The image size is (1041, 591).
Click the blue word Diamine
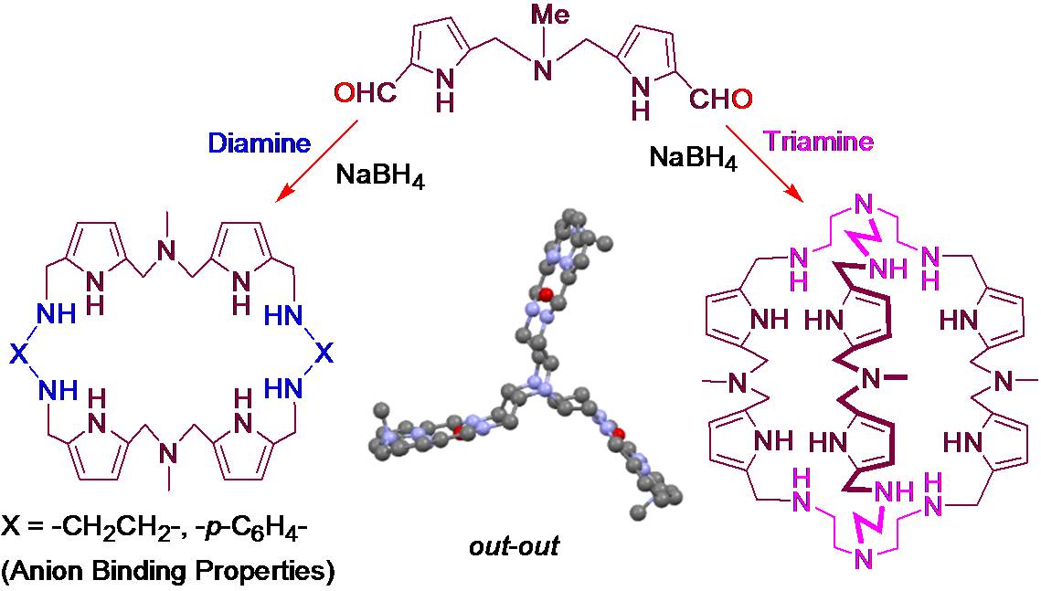(259, 143)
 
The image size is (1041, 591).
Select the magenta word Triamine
(820, 142)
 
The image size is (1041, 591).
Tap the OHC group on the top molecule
(366, 95)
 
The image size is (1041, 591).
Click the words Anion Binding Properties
(168, 573)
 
